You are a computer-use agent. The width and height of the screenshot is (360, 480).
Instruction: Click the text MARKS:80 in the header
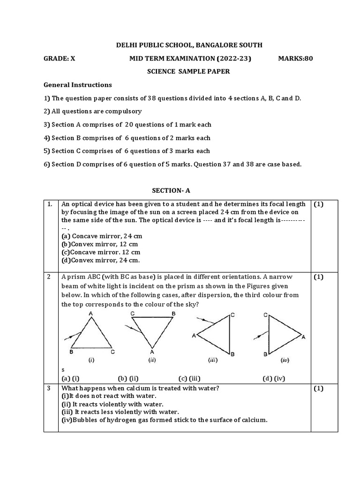pyautogui.click(x=295, y=59)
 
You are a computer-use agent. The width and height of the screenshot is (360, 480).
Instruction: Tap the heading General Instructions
pyautogui.click(x=78, y=85)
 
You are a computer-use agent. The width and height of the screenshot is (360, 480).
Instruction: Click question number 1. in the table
pyautogui.click(x=49, y=204)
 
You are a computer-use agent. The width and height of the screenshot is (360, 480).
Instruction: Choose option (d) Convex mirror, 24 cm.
pyautogui.click(x=101, y=260)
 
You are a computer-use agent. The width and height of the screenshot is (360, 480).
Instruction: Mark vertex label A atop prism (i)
pyautogui.click(x=90, y=313)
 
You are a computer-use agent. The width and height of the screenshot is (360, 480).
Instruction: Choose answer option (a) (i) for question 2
pyautogui.click(x=70, y=378)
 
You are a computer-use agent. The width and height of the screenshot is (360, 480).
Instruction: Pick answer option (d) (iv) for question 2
pyautogui.click(x=274, y=378)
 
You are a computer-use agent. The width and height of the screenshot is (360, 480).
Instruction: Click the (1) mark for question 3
pyautogui.click(x=319, y=388)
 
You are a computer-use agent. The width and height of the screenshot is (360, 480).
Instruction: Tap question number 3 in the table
pyautogui.click(x=48, y=388)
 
